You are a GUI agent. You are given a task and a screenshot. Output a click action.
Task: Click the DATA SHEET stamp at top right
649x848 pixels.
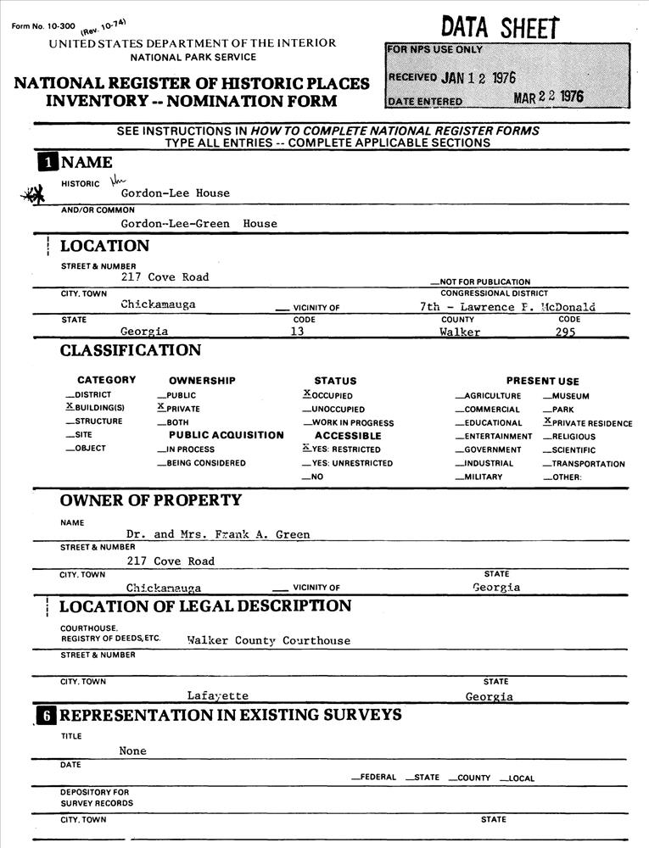500,27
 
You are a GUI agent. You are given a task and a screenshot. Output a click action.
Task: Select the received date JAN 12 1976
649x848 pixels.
478,78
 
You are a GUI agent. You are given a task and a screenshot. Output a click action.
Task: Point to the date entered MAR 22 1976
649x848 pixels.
549,98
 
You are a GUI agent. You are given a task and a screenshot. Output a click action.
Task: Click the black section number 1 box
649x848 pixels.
47,162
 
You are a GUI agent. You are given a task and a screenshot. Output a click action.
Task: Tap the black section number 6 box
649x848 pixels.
47,716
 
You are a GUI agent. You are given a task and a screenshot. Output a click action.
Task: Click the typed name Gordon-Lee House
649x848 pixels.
175,193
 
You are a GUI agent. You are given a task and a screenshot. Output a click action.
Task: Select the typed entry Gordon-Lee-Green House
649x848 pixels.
199,224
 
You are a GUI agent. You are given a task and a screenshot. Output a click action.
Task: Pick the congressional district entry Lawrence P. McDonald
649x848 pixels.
507,307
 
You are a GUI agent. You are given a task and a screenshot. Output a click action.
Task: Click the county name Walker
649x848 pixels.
460,332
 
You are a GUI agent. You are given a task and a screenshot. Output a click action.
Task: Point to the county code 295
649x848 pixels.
565,332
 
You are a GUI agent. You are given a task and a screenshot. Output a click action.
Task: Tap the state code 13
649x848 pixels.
297,332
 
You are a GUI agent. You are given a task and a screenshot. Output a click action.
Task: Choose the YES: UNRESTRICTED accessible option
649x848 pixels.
348,463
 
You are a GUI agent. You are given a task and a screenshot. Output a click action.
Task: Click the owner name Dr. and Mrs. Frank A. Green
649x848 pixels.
218,535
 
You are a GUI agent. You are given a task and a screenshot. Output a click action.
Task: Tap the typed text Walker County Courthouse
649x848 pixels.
268,641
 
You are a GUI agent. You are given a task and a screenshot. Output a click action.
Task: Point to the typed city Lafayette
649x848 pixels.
218,696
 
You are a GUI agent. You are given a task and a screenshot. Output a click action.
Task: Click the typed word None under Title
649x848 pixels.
132,751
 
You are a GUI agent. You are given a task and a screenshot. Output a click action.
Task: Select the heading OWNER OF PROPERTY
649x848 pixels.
151,500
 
